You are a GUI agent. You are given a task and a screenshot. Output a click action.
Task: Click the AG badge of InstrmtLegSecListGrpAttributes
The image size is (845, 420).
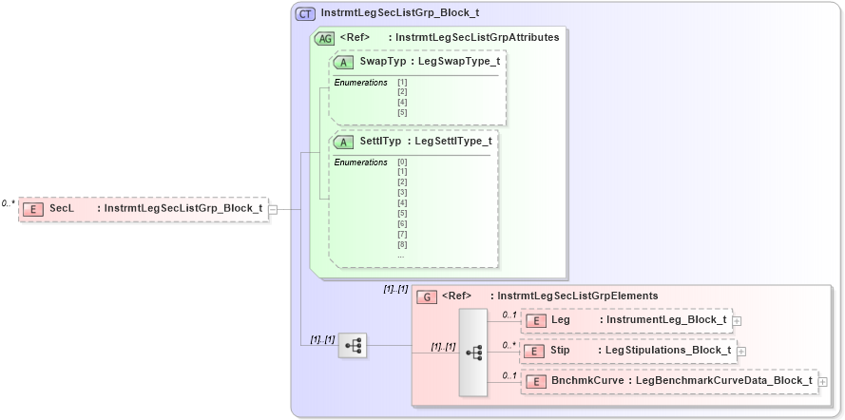pyautogui.click(x=324, y=38)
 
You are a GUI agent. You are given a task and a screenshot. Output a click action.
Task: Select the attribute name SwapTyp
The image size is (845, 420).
pyautogui.click(x=376, y=61)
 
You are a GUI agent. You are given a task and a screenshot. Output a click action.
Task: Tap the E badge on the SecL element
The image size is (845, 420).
pyautogui.click(x=33, y=208)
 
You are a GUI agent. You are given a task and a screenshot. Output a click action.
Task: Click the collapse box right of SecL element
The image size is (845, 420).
pyautogui.click(x=273, y=209)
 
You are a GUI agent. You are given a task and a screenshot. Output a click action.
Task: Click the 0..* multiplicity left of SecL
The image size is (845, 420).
pyautogui.click(x=9, y=202)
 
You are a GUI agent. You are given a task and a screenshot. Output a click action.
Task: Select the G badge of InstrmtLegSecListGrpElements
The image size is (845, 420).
pyautogui.click(x=428, y=296)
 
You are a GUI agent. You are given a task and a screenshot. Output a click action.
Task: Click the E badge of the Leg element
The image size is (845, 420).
pyautogui.click(x=534, y=320)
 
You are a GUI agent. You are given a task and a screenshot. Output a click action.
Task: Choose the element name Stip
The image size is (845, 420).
pyautogui.click(x=561, y=351)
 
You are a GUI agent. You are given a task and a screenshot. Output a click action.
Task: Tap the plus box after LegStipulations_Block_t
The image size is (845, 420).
pyautogui.click(x=741, y=352)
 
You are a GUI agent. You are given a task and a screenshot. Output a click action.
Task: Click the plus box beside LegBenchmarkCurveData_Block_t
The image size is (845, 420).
pyautogui.click(x=823, y=382)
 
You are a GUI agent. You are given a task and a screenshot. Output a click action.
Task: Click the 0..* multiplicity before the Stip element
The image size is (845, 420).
pyautogui.click(x=509, y=345)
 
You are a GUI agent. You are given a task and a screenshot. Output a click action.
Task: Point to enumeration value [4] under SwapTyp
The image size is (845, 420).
pyautogui.click(x=403, y=102)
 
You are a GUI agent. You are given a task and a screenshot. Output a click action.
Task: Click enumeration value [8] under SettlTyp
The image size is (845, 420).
pyautogui.click(x=403, y=245)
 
